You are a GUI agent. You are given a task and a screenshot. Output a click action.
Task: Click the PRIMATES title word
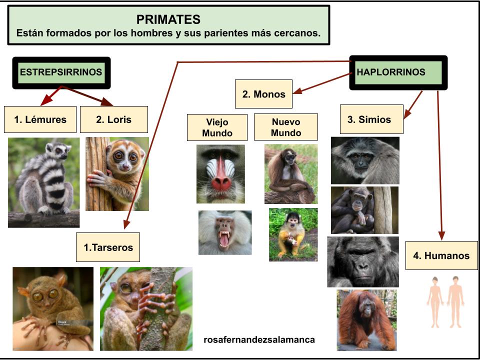tap(168, 19)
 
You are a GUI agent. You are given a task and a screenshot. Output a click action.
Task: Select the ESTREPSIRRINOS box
tap(60, 72)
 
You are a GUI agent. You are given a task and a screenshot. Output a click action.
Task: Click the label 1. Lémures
tap(40, 119)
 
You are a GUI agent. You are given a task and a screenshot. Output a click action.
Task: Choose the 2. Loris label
tap(114, 119)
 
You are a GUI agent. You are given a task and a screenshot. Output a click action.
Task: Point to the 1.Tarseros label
tap(108, 247)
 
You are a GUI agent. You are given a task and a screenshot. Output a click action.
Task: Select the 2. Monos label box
tap(263, 94)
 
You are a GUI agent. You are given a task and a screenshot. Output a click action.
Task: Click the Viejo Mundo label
tap(217, 127)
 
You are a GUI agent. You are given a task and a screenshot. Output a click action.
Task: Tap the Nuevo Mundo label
tap(285, 127)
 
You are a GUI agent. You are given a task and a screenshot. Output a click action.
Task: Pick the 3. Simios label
tap(371, 119)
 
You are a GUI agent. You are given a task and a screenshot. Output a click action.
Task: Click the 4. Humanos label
tap(441, 255)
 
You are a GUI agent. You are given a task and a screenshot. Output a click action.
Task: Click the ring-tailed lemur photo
tap(43, 182)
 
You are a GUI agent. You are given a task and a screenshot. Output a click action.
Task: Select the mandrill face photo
tap(220, 174)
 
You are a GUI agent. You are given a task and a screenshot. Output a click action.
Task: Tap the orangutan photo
tap(366, 319)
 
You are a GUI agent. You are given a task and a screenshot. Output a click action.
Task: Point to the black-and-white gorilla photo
tap(363, 261)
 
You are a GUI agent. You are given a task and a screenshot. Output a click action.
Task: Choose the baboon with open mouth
tap(224, 232)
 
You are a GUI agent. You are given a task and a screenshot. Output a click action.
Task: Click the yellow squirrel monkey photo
tap(293, 234)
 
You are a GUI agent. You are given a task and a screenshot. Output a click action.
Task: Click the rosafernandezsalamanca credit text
tap(259, 340)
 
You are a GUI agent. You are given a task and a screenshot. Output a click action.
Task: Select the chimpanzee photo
tap(364, 210)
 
